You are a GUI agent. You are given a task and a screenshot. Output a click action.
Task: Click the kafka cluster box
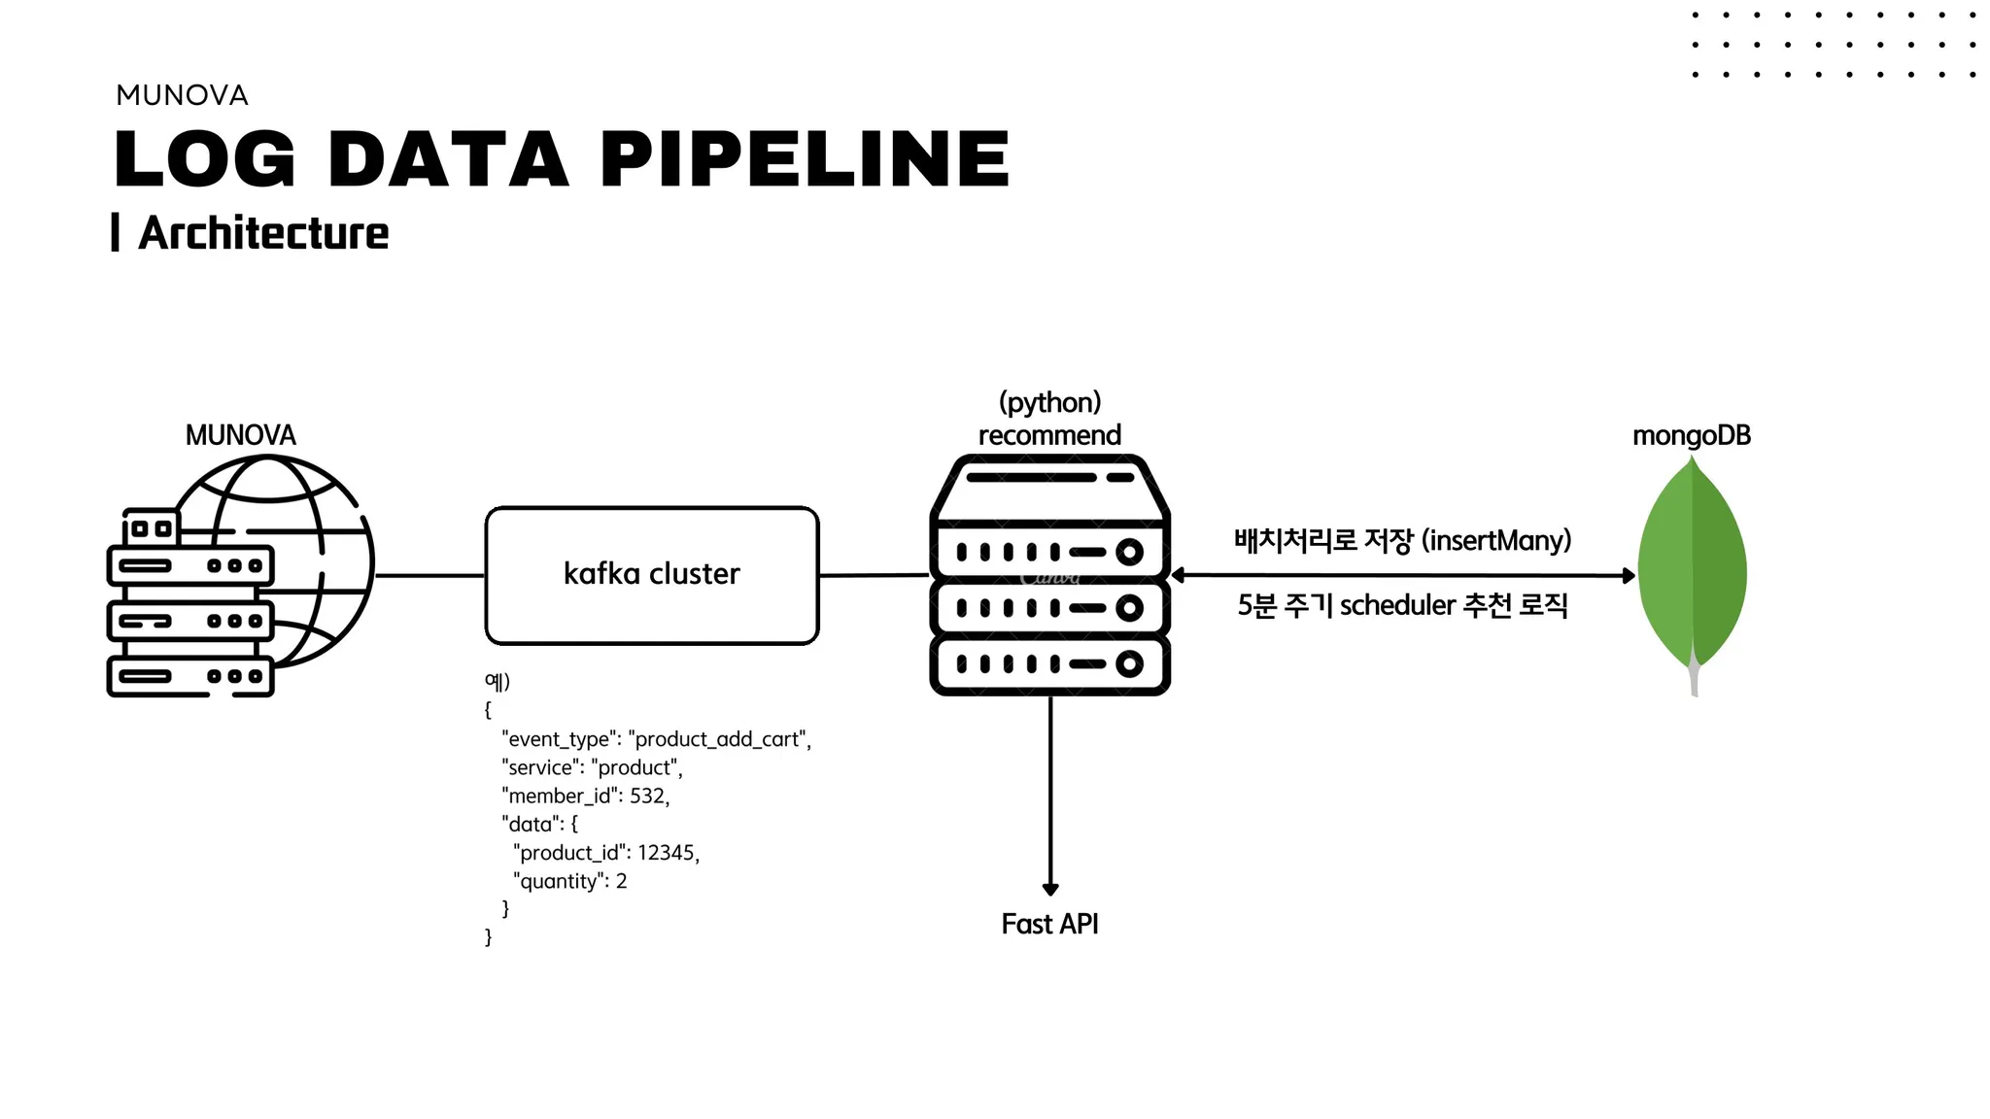pos(652,575)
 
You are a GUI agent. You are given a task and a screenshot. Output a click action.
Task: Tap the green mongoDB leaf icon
pos(1692,568)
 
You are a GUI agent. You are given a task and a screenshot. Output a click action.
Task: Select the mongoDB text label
pos(1692,435)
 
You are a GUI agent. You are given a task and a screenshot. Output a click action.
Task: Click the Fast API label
pos(1049,924)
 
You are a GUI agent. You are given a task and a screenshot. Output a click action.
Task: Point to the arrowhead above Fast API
pos(1050,889)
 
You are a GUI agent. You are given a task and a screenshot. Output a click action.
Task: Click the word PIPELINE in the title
pos(806,159)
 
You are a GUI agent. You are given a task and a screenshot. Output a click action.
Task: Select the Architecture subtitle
pos(263,233)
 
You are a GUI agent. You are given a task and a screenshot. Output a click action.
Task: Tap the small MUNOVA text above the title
pos(182,95)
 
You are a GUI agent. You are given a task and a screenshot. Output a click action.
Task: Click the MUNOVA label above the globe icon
pos(240,434)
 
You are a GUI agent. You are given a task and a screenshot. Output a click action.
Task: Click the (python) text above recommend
pos(1049,402)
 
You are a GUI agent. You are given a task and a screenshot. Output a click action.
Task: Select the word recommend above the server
pos(1049,435)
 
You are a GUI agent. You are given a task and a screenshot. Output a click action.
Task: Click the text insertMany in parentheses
pos(1496,540)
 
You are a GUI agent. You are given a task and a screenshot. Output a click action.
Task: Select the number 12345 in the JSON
pos(667,853)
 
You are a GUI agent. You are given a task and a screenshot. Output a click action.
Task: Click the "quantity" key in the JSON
pos(558,882)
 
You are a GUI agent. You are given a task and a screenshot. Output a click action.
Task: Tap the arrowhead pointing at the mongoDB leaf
pos(1630,576)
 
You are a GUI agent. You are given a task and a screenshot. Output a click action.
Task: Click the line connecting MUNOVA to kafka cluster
pos(429,576)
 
